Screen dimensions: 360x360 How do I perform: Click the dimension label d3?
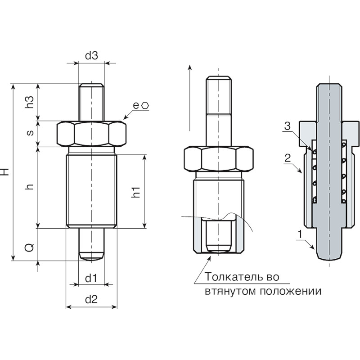[91, 55]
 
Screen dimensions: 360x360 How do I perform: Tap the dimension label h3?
[29, 102]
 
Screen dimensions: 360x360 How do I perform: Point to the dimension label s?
[30, 133]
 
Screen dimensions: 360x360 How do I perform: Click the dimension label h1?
[136, 192]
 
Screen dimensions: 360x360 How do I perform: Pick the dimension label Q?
[29, 247]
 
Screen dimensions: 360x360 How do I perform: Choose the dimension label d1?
[91, 278]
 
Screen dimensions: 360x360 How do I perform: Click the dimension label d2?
[91, 299]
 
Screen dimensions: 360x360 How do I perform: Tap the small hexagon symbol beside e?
[145, 106]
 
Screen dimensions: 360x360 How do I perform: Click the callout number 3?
[287, 126]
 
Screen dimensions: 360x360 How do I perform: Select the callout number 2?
[288, 158]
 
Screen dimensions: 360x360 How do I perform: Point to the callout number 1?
[300, 234]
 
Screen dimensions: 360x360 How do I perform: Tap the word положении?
[291, 291]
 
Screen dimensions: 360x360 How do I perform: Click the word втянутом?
[230, 291]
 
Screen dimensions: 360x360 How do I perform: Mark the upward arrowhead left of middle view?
[189, 67]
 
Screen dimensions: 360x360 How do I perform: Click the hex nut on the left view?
[91, 134]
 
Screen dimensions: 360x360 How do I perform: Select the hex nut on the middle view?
[219, 159]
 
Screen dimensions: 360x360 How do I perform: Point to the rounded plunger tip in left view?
[91, 256]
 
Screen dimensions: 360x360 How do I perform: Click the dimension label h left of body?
[30, 186]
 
